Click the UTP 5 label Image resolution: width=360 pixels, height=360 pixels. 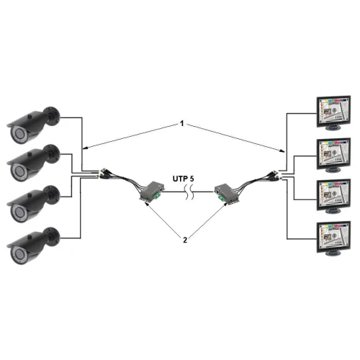184,176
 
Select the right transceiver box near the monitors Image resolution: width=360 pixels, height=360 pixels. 226,192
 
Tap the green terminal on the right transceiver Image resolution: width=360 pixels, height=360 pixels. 216,192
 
